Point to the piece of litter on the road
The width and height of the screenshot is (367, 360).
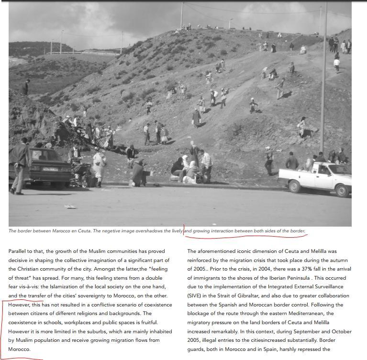coord(70,207)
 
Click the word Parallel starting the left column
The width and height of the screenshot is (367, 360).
coord(19,251)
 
